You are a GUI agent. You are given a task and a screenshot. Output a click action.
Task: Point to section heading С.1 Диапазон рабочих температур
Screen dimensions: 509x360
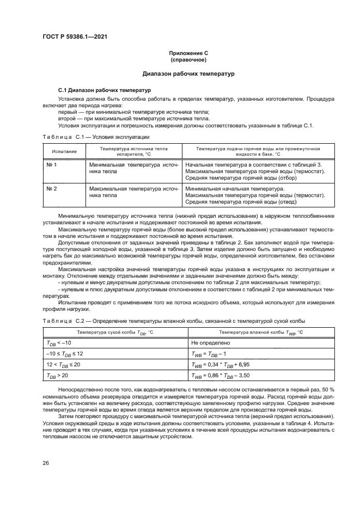105,89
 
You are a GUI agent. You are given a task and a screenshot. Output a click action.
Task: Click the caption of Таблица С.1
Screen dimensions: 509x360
93,138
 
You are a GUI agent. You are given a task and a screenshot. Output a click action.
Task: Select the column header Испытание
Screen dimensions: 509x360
64,151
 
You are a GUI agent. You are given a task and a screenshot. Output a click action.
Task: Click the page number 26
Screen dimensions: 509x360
46,463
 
